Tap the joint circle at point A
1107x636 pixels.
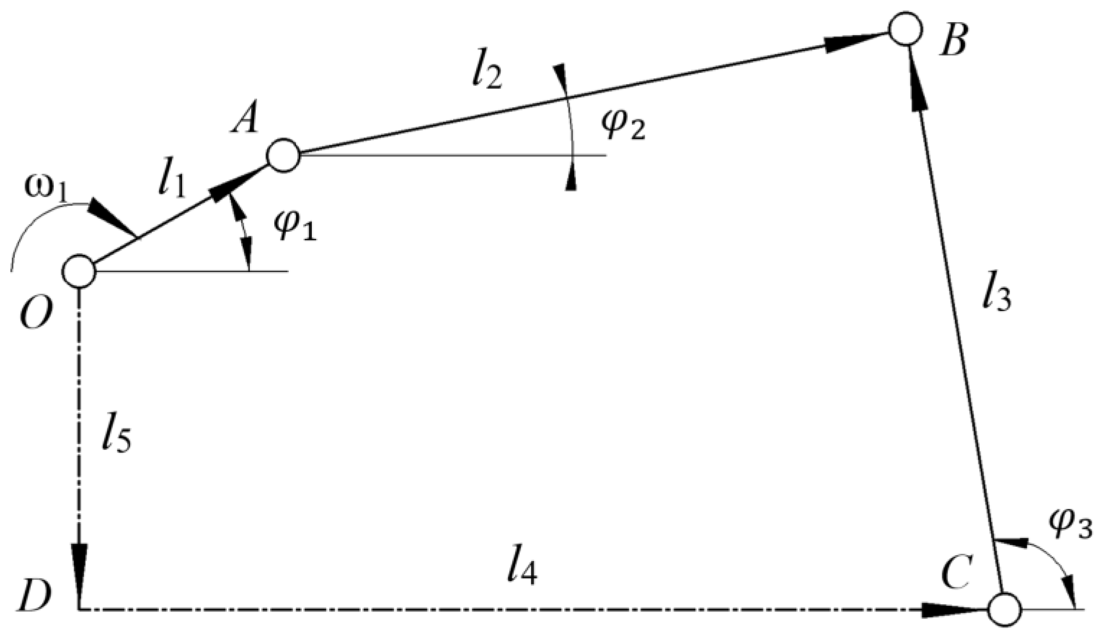(x=284, y=155)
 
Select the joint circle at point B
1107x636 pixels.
(x=905, y=29)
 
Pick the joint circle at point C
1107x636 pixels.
(x=1004, y=610)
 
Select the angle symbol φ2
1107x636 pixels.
(x=623, y=127)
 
